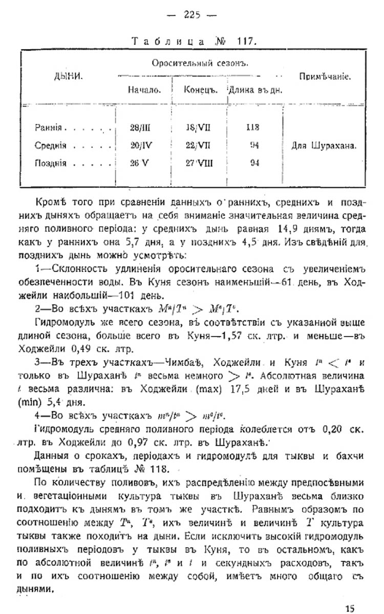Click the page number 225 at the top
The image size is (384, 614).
tap(192, 14)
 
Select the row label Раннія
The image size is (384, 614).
tap(49, 127)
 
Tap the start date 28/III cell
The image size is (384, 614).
tap(140, 127)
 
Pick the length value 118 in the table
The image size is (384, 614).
tap(252, 127)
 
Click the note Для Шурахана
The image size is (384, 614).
tap(324, 145)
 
